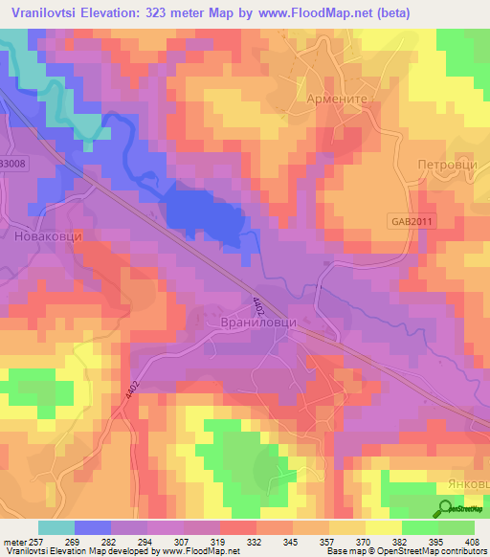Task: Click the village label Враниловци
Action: tap(254, 323)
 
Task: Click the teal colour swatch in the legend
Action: tap(56, 527)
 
